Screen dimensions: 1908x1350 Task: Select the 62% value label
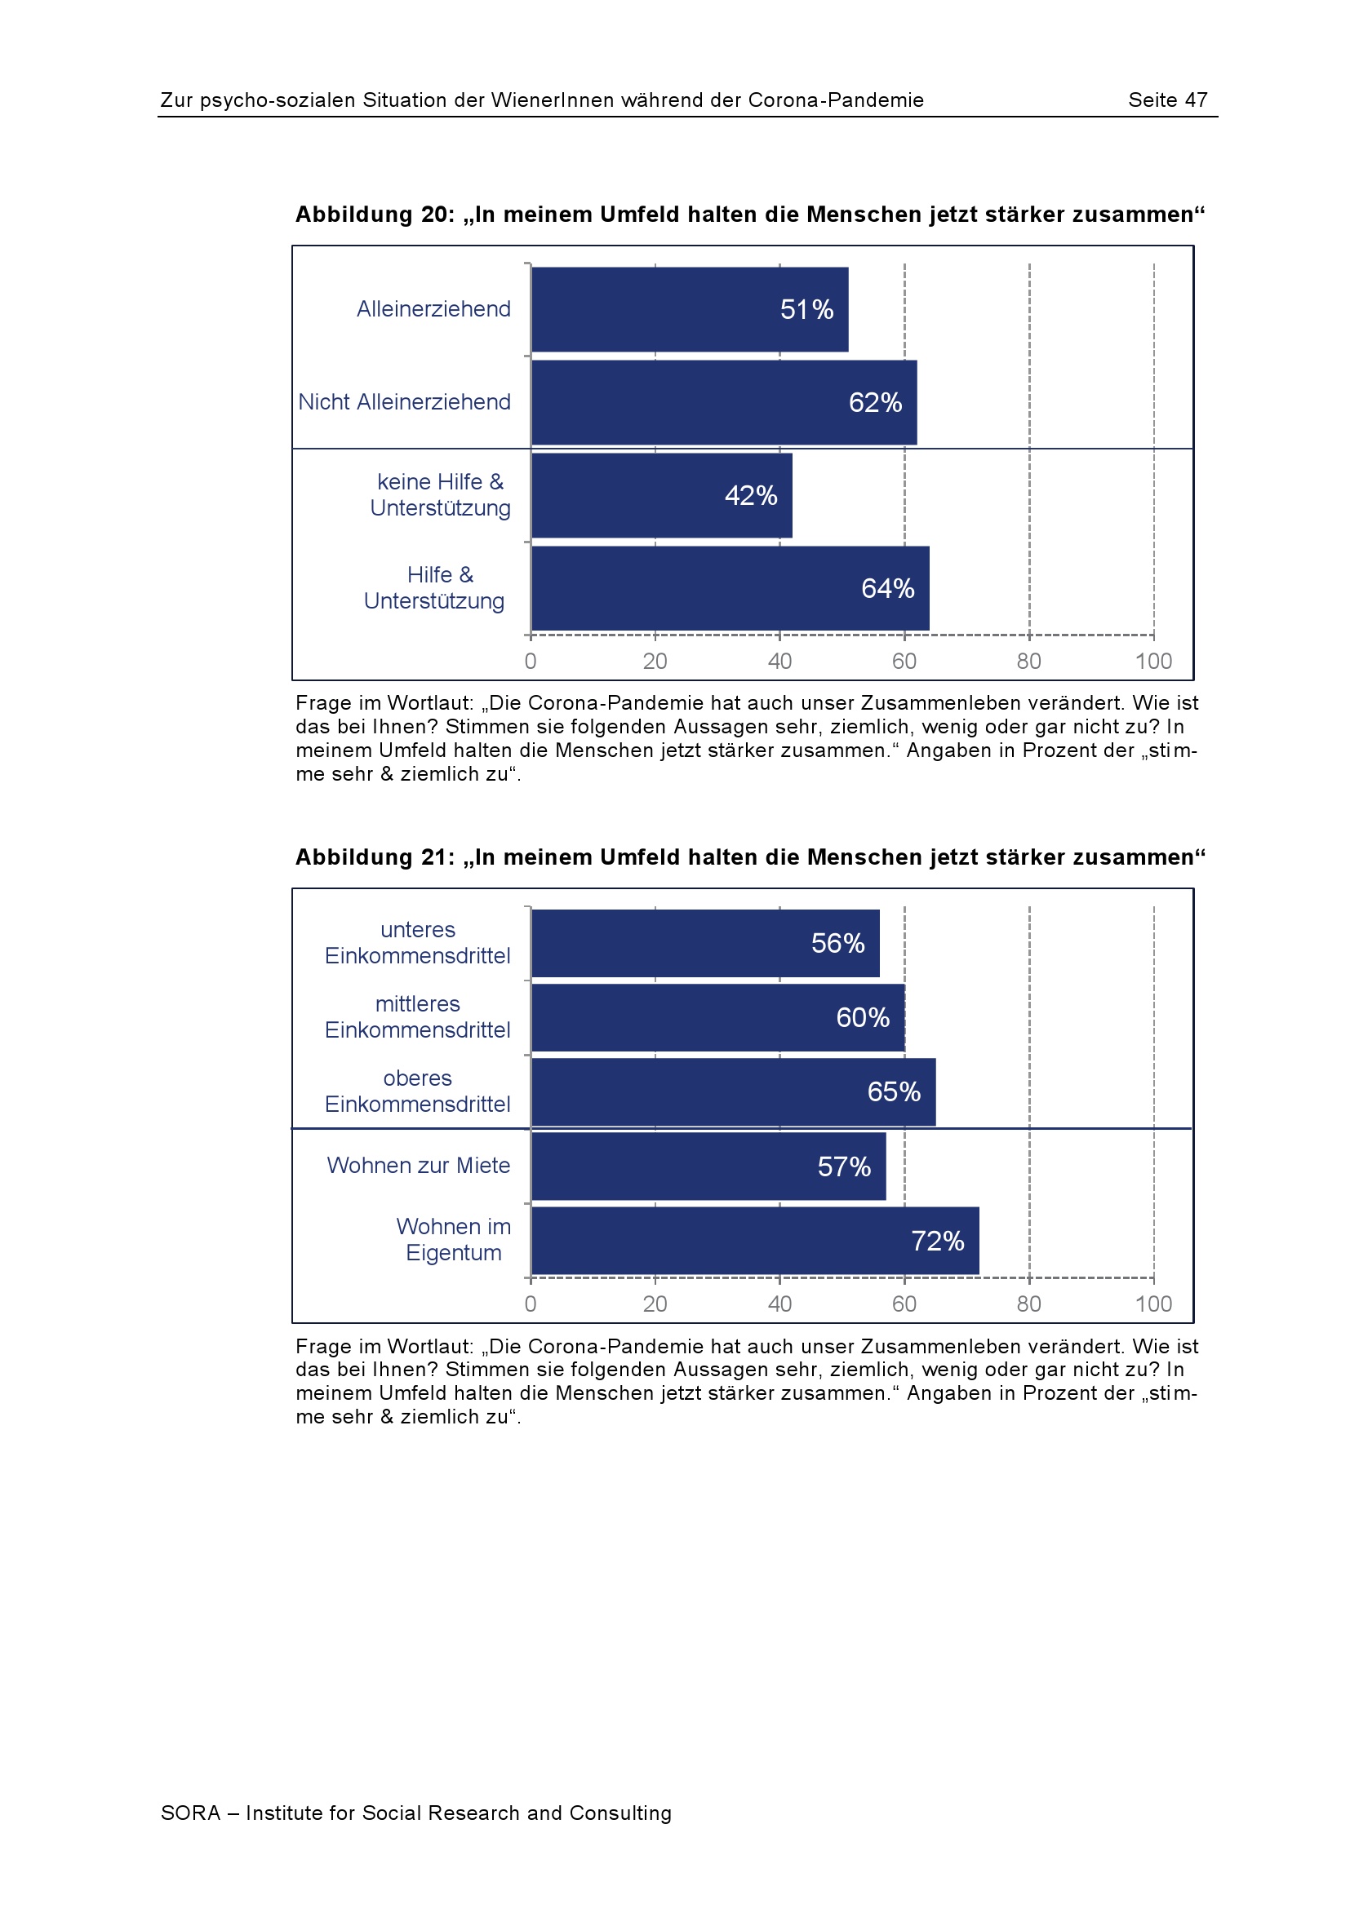point(874,402)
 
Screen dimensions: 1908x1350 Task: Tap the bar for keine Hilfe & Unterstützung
point(661,495)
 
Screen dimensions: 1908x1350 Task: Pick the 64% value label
point(887,588)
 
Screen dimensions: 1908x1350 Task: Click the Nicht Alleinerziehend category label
point(404,402)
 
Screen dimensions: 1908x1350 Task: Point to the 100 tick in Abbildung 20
point(1153,662)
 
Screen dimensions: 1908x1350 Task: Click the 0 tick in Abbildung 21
point(531,1304)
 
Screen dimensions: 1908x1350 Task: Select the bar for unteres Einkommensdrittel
point(704,943)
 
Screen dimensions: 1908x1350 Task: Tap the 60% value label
point(862,1017)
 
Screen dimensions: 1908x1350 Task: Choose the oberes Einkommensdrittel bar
point(732,1092)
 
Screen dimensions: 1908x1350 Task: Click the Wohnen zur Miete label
point(418,1166)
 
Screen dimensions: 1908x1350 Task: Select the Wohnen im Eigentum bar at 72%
point(754,1241)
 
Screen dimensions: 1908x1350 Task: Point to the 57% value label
point(844,1166)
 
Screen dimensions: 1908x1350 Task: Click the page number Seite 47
point(1167,100)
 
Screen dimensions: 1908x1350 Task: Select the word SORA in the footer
point(190,1813)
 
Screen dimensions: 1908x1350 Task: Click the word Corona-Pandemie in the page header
point(836,100)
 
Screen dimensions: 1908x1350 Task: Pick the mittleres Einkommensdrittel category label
point(417,1017)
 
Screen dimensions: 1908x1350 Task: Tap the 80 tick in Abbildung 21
point(1028,1304)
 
